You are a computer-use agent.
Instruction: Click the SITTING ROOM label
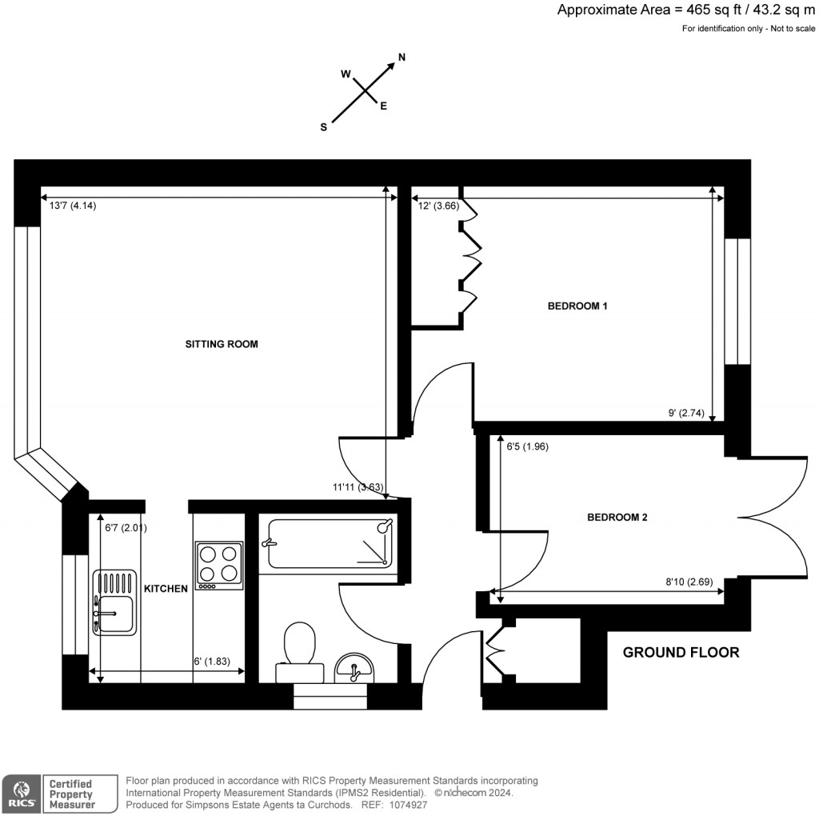click(222, 345)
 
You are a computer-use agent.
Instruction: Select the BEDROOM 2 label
click(617, 518)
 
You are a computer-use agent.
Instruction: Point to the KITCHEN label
click(166, 589)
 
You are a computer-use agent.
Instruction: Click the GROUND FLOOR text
click(681, 652)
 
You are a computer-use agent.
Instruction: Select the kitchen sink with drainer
click(114, 602)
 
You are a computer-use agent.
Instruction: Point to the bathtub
click(330, 544)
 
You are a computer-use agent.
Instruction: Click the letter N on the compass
click(402, 57)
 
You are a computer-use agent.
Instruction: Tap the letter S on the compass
click(324, 127)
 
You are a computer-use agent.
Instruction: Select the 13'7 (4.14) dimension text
click(74, 206)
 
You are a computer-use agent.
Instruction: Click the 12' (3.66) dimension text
click(437, 206)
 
